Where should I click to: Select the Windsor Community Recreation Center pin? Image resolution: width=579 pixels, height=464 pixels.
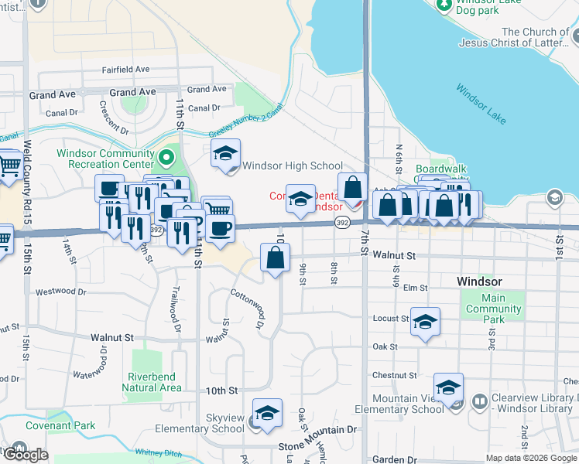166,159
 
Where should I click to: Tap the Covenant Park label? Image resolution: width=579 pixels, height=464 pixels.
60,425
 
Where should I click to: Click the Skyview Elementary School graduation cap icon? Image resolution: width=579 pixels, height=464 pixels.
267,413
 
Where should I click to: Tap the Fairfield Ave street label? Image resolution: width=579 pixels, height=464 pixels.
125,70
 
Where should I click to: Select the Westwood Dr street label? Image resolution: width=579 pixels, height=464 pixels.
61,292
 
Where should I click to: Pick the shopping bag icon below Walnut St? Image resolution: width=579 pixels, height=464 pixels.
276,258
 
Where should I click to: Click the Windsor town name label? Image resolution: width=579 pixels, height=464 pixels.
479,281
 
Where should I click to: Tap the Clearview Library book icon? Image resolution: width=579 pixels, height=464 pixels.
480,402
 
